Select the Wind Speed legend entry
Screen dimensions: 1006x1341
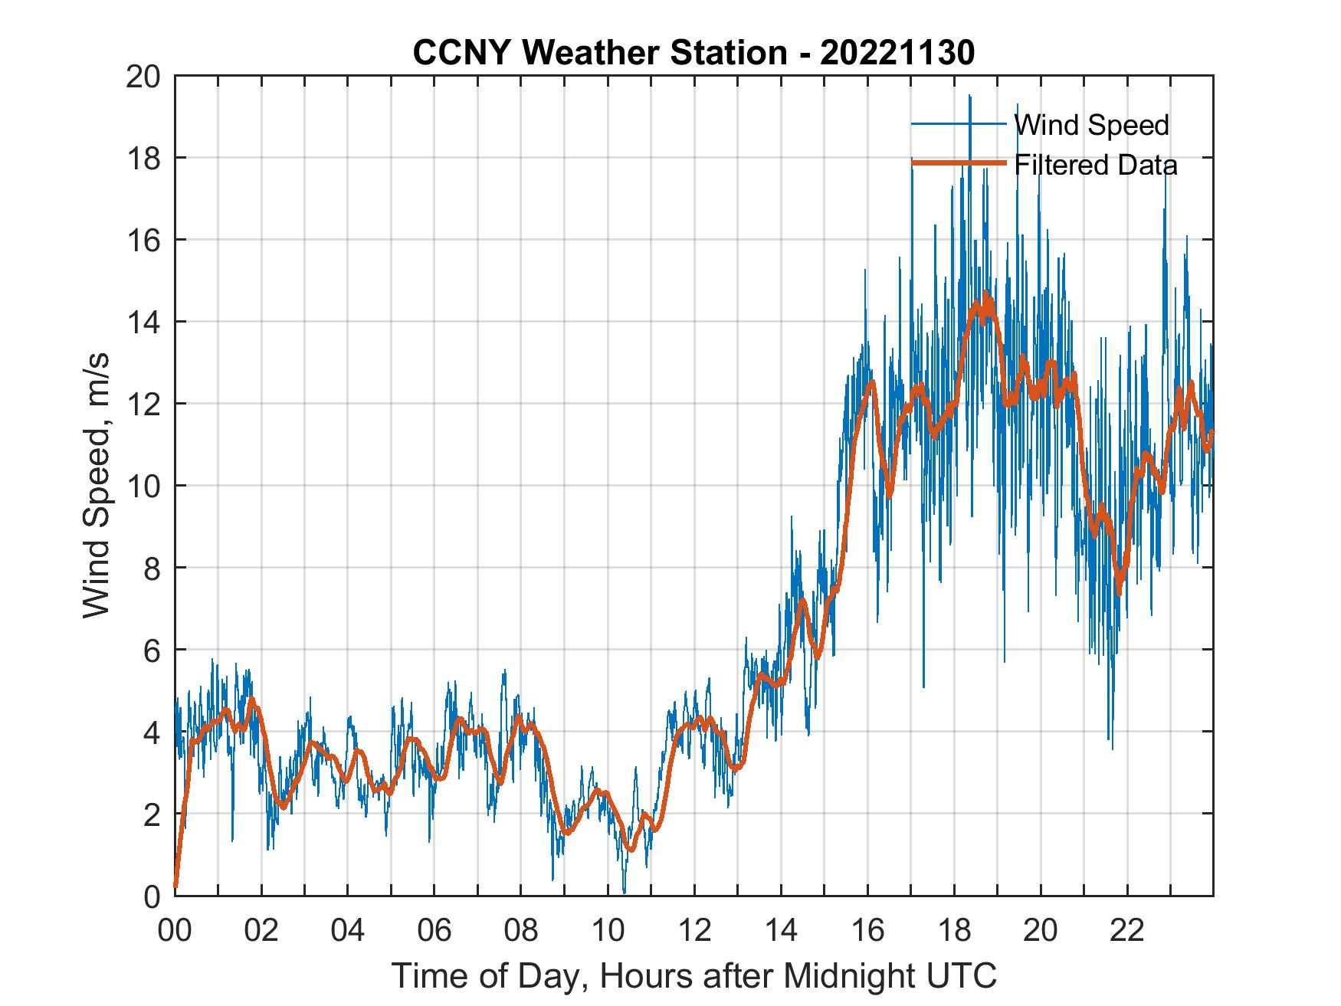click(1091, 125)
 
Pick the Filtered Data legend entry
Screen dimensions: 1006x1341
click(1095, 165)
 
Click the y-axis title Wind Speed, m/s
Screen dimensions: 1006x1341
click(97, 485)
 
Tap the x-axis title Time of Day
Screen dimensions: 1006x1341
click(693, 975)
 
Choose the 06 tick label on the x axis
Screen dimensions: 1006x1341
click(434, 932)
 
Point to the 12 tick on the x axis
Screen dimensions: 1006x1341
click(693, 932)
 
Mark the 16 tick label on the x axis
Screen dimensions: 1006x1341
click(867, 932)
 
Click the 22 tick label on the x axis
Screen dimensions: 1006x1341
click(1126, 932)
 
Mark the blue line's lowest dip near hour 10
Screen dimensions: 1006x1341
click(624, 892)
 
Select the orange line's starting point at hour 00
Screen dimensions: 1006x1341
click(175, 886)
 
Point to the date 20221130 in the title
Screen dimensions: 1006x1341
click(897, 54)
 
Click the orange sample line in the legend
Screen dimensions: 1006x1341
click(958, 163)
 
